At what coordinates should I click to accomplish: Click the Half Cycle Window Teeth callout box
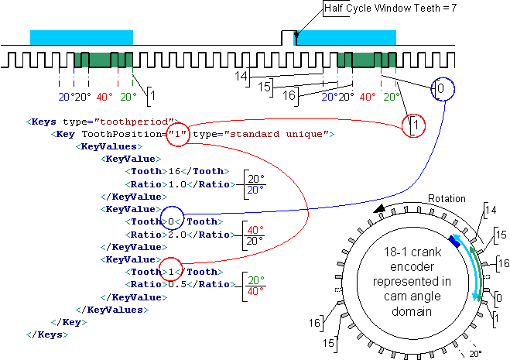tap(390, 8)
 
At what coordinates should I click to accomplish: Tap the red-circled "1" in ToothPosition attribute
tap(177, 134)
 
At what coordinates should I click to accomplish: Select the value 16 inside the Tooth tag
tap(174, 171)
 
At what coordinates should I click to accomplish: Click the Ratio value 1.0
tap(177, 184)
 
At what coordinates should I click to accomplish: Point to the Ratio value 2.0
tap(177, 235)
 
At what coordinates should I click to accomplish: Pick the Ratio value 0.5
tap(177, 284)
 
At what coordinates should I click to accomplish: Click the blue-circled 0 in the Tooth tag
tap(171, 221)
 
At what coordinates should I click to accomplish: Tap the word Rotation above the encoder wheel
tap(447, 198)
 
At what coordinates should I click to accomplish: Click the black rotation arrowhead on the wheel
tap(379, 208)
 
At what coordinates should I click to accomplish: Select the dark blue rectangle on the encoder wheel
tap(454, 242)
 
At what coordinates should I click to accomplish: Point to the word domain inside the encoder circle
tap(412, 311)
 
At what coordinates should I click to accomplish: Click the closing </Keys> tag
tap(47, 334)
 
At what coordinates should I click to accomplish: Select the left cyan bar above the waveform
tap(81, 37)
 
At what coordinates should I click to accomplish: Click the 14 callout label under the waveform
tap(241, 76)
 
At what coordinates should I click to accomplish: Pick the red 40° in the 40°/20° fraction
tap(255, 230)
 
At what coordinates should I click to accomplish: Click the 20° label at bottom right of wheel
tap(475, 354)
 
